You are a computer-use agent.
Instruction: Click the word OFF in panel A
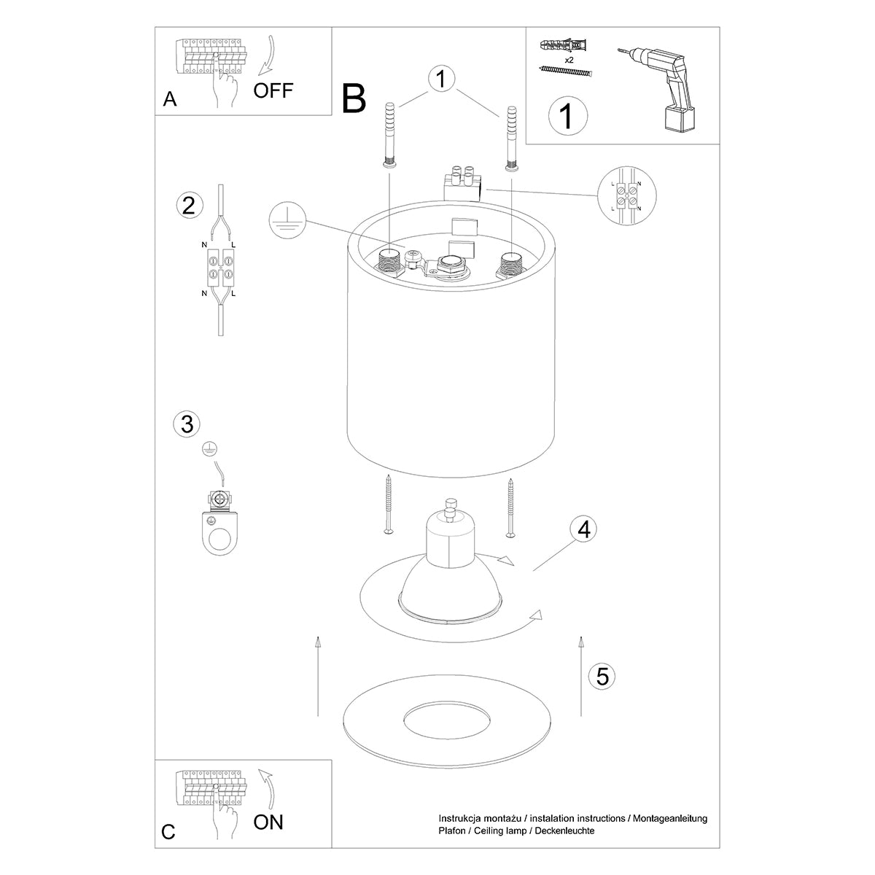pos(273,90)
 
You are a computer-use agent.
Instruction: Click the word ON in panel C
pos(268,822)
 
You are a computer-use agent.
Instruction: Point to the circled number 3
pos(187,424)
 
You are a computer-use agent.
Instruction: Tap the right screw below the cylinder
pos(511,507)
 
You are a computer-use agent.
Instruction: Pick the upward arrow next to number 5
pos(581,674)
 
